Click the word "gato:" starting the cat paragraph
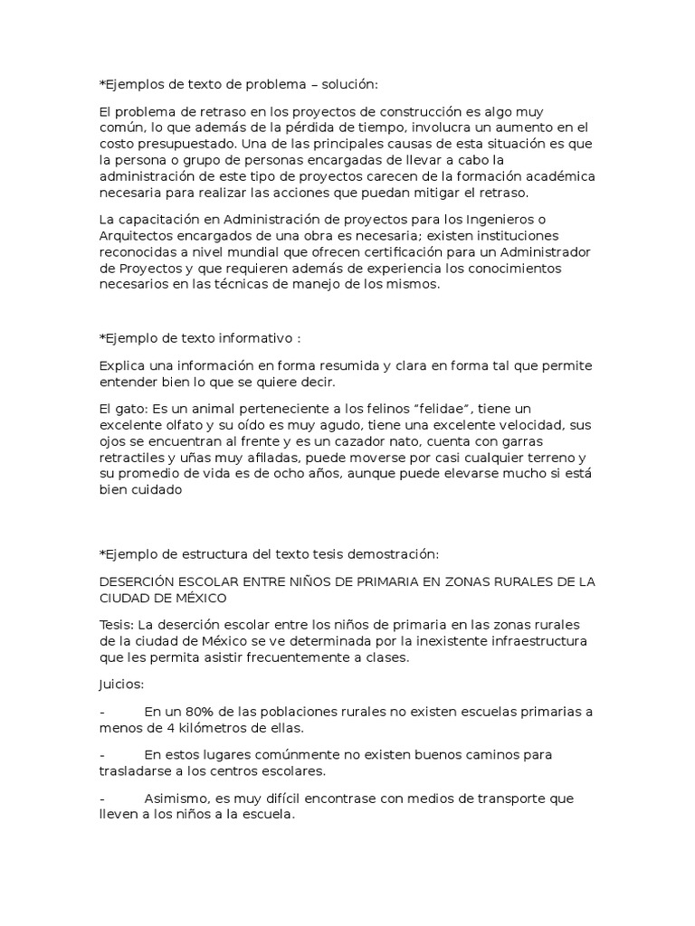(x=132, y=410)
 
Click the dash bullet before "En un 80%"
(x=102, y=712)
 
